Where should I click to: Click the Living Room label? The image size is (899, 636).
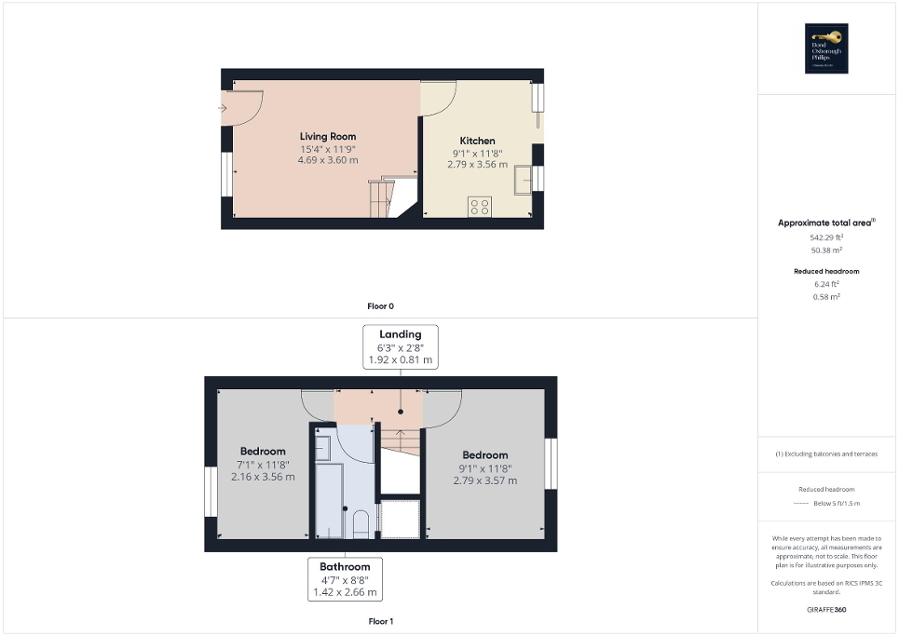click(x=328, y=137)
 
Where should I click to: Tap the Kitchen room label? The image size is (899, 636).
click(x=477, y=142)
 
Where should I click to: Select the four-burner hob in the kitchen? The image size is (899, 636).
click(x=481, y=207)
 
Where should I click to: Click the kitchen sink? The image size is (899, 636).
click(x=523, y=177)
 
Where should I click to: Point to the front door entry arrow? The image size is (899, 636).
click(x=222, y=108)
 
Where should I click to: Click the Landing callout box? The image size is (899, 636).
click(x=401, y=346)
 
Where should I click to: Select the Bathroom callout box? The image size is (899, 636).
click(x=345, y=578)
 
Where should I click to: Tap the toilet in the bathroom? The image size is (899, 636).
click(x=361, y=522)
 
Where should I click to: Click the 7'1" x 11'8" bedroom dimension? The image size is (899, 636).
click(x=263, y=465)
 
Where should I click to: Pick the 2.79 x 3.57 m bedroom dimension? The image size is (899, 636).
click(x=484, y=480)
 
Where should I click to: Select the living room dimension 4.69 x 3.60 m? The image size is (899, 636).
click(x=328, y=160)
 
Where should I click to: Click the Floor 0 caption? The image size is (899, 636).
click(x=381, y=305)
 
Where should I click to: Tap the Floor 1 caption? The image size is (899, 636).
click(x=381, y=621)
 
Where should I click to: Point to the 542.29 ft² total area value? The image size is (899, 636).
click(x=827, y=237)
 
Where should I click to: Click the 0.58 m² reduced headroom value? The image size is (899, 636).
click(x=827, y=296)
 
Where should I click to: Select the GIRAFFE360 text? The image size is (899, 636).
click(x=827, y=610)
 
